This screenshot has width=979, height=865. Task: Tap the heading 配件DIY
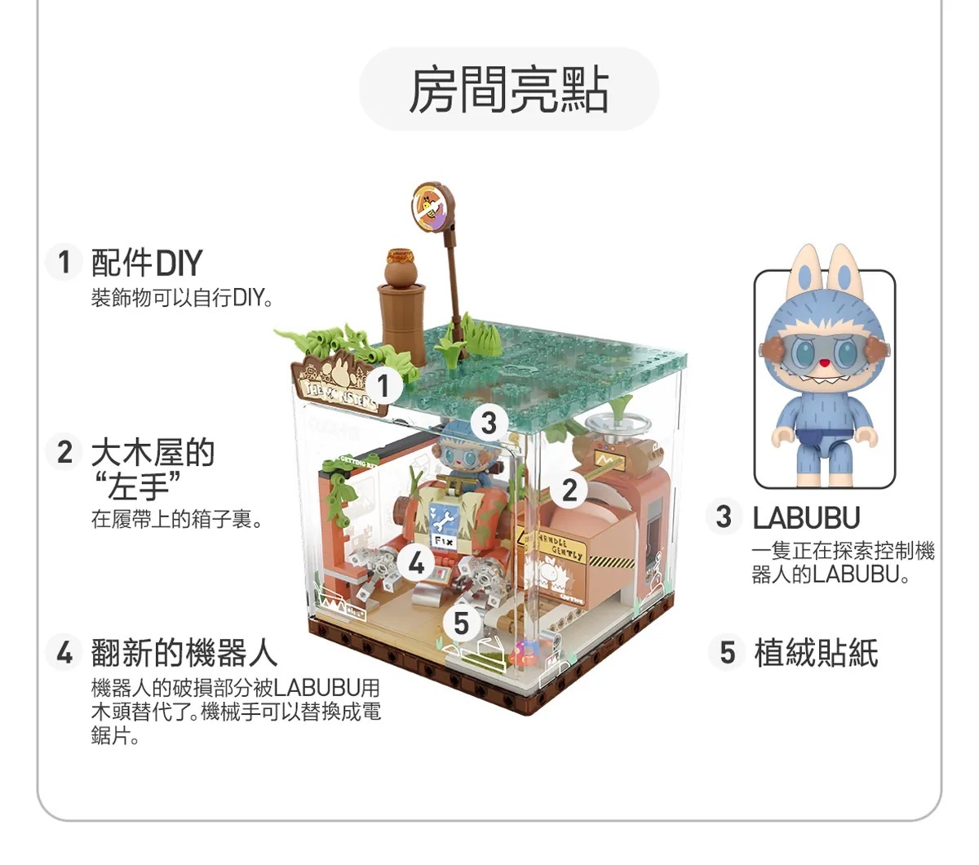tap(147, 263)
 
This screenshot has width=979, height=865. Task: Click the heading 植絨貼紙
tap(816, 653)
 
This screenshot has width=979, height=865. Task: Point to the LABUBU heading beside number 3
tap(806, 518)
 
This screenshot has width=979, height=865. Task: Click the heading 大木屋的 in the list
tap(153, 451)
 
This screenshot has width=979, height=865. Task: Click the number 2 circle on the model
tap(569, 490)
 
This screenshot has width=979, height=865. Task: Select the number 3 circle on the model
tap(488, 423)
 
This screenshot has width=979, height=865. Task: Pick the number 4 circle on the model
tap(417, 563)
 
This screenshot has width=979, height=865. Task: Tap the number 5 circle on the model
tap(461, 623)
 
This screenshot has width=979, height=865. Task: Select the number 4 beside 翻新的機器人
tap(64, 653)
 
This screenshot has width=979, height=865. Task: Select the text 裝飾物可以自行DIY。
tap(181, 298)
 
